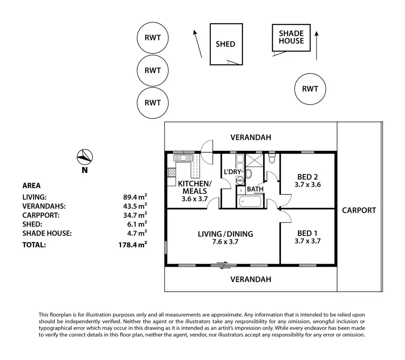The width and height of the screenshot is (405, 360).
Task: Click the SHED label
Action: (225, 44)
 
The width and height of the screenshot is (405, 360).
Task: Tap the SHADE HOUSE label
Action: (291, 37)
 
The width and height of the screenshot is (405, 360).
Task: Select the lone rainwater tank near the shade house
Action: (310, 89)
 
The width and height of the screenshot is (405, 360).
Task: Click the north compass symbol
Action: (85, 157)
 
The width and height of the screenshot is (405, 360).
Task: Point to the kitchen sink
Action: (184, 158)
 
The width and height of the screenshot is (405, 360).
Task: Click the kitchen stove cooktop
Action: (172, 172)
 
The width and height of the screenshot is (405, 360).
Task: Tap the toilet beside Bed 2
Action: (271, 158)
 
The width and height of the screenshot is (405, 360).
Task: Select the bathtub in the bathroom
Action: (250, 202)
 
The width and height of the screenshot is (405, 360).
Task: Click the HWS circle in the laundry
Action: (240, 180)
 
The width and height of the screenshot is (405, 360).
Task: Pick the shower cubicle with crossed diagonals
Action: (254, 160)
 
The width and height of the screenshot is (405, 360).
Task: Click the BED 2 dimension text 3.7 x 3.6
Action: (308, 185)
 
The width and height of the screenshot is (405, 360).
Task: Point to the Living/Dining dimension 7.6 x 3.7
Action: (225, 242)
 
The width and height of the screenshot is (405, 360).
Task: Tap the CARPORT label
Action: (359, 210)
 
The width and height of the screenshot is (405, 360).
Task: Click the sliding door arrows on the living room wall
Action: (224, 265)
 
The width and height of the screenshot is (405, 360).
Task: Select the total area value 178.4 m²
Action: (133, 244)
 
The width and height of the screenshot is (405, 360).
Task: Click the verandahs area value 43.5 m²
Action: (135, 206)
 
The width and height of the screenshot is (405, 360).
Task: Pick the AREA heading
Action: (32, 186)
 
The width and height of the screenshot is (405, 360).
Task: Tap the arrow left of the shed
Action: (198, 43)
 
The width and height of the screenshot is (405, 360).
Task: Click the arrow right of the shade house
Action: (317, 46)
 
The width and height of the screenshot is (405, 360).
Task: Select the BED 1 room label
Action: (307, 233)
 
